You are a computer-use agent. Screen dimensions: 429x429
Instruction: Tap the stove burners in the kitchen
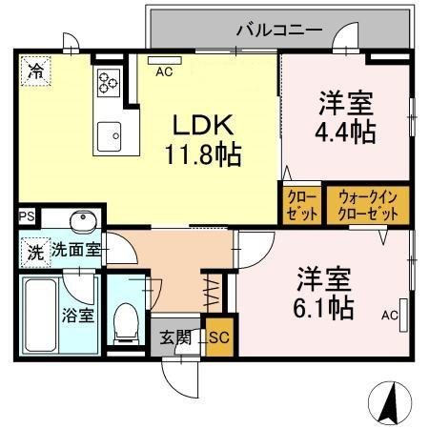(107, 84)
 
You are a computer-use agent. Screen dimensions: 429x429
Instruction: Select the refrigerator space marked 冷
(34, 70)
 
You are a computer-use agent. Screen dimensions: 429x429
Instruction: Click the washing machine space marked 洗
(33, 254)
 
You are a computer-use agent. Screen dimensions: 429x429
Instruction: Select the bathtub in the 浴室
(43, 312)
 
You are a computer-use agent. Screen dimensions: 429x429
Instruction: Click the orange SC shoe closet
(218, 337)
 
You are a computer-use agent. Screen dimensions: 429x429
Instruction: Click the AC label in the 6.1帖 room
(389, 314)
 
